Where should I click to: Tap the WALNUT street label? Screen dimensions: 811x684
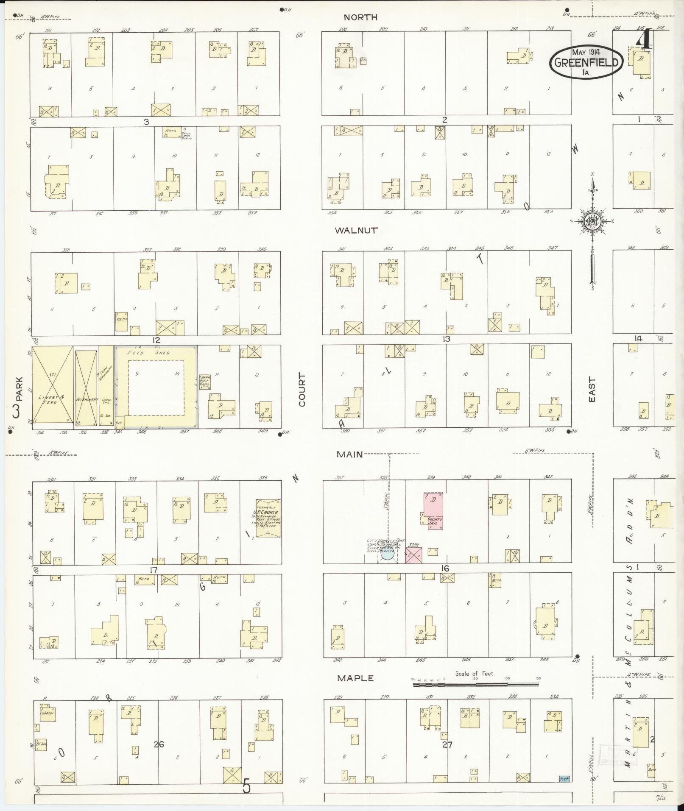click(x=356, y=231)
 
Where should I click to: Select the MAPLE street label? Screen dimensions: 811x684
click(x=355, y=678)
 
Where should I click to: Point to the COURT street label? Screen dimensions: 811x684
click(x=302, y=390)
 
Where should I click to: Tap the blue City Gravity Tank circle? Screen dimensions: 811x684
click(x=388, y=554)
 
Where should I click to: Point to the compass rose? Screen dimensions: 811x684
click(x=592, y=221)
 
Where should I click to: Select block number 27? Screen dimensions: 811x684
click(x=447, y=744)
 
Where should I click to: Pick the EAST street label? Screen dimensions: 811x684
click(x=592, y=390)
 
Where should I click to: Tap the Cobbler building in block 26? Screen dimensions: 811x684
click(x=47, y=712)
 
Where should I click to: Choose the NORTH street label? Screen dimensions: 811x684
click(x=360, y=17)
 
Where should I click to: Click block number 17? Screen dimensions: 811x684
click(x=154, y=570)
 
